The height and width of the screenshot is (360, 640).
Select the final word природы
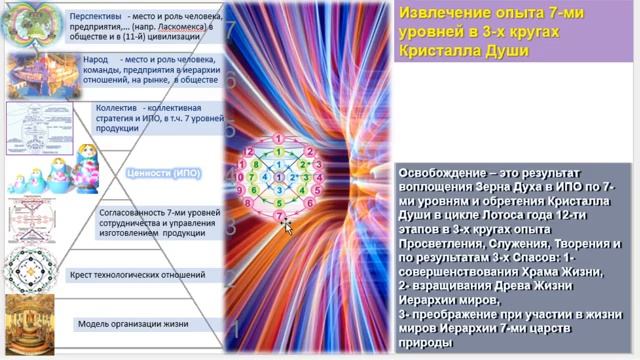[426, 341]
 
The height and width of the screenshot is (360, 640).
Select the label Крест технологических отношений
[137, 274]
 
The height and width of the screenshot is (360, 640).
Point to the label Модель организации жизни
[134, 324]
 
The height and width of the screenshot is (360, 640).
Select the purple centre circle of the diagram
[279, 175]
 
